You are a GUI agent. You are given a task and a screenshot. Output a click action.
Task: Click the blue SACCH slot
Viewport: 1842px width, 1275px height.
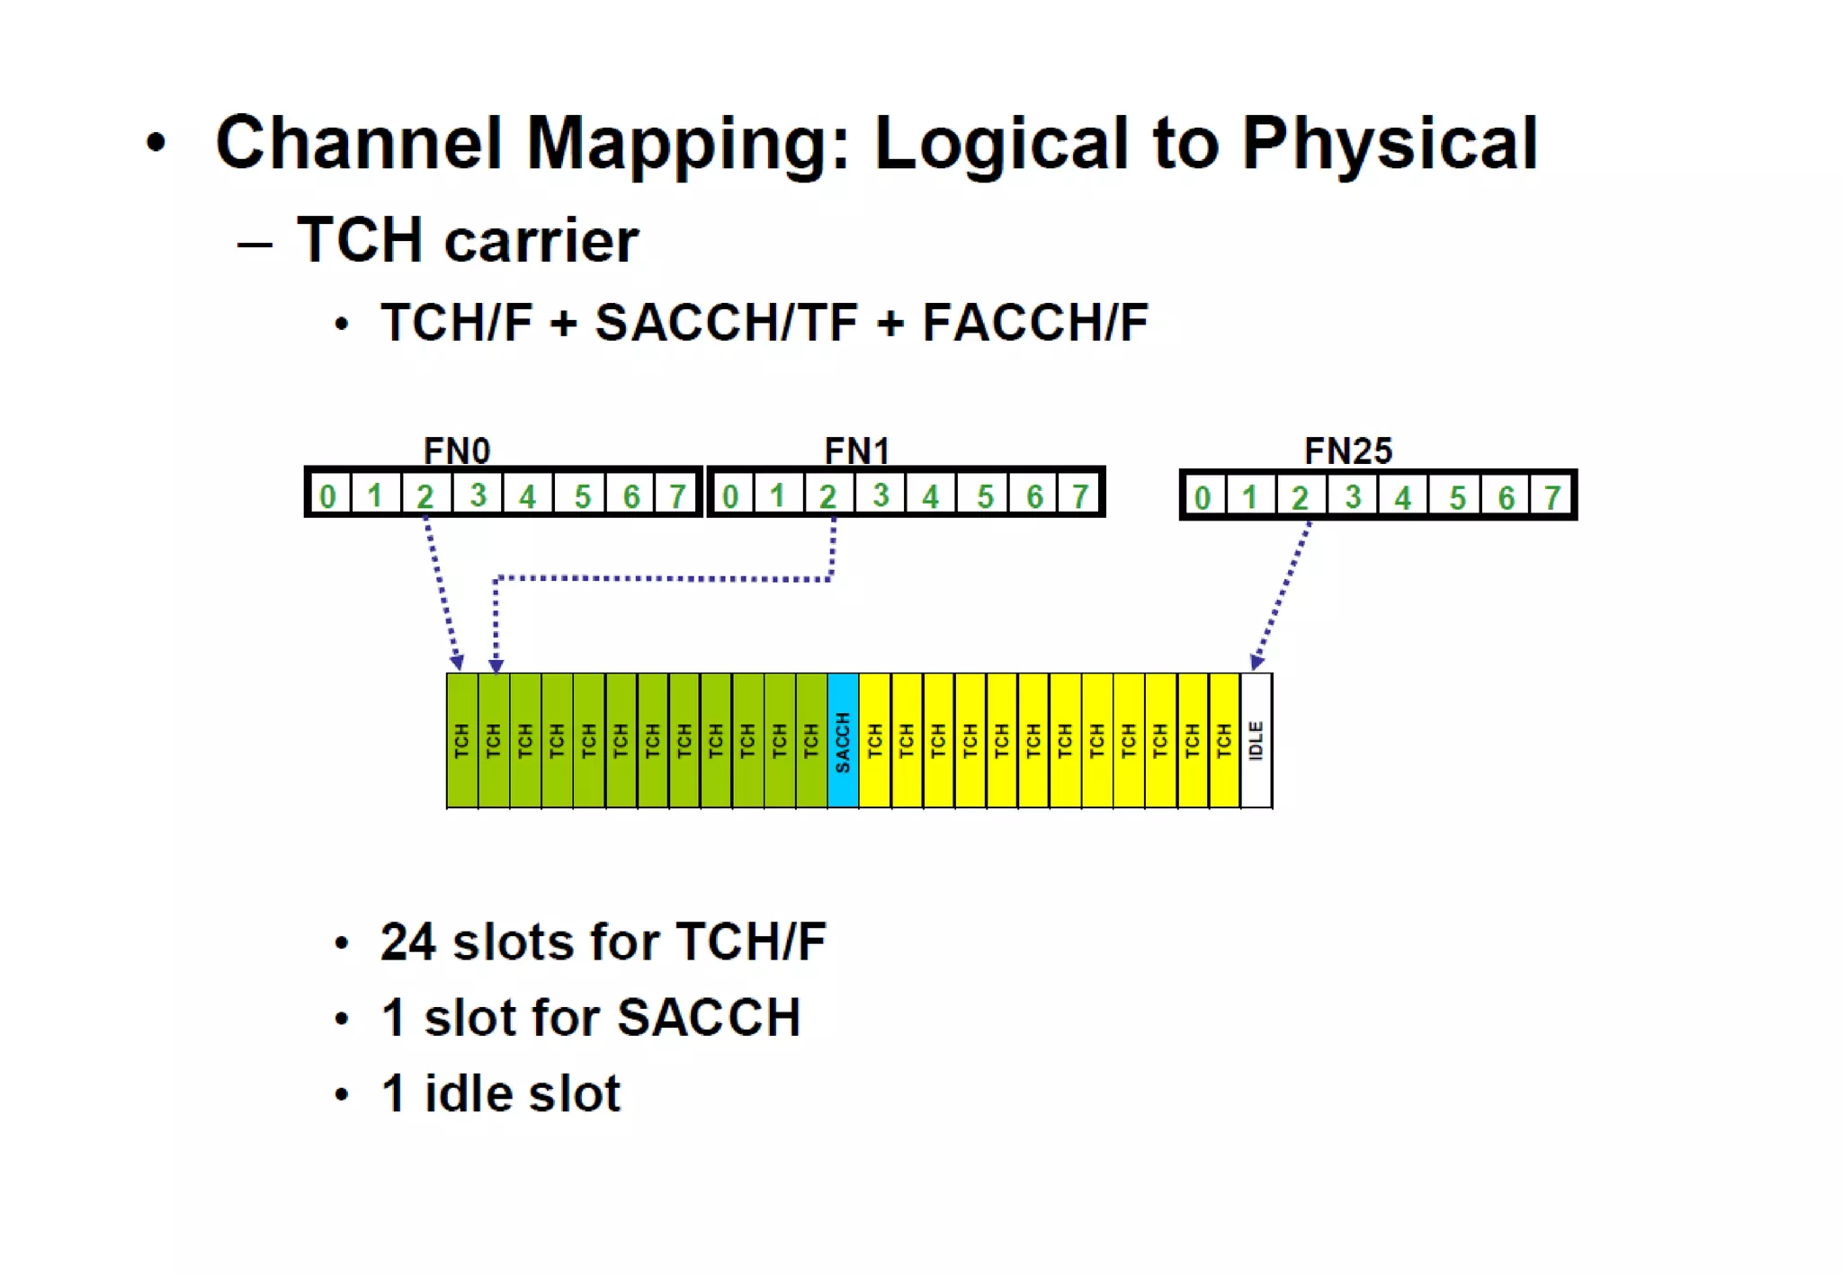coord(843,741)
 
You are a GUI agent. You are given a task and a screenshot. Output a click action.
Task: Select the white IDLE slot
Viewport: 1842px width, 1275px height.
coord(1256,741)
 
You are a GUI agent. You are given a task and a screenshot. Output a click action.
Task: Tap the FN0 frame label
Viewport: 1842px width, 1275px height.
coord(457,450)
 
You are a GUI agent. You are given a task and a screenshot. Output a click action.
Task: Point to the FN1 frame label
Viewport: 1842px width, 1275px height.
coord(857,450)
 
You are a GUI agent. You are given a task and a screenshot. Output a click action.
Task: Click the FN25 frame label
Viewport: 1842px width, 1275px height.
coord(1348,450)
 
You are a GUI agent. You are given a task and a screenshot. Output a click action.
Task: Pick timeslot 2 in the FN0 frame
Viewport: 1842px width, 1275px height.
coord(425,495)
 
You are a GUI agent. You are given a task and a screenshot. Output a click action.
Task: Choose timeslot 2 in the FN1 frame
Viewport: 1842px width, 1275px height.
coord(827,495)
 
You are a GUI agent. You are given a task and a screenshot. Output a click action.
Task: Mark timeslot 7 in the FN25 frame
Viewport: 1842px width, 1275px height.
coord(1552,497)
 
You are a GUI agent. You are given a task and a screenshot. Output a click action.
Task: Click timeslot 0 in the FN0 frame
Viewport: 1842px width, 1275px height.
coord(327,495)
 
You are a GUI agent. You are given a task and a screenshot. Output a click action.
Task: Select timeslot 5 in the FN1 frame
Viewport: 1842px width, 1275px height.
coord(985,495)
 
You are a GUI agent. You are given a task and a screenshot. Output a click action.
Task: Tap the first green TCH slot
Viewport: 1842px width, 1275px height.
coord(462,741)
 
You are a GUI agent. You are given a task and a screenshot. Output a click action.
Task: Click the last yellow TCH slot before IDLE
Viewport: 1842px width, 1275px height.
coord(1225,741)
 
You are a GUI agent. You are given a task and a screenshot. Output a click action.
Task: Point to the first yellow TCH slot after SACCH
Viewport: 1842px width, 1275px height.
coord(875,741)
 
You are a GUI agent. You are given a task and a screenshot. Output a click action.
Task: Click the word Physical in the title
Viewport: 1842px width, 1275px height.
coord(1390,144)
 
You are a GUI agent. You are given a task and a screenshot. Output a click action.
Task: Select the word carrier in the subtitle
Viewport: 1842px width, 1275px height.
coord(541,241)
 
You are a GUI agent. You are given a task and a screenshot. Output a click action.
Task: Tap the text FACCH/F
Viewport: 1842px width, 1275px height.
coord(1035,322)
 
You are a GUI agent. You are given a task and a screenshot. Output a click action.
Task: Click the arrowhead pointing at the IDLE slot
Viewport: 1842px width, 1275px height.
coord(1256,664)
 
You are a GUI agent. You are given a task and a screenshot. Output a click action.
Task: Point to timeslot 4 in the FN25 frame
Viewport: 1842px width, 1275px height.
coord(1402,497)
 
